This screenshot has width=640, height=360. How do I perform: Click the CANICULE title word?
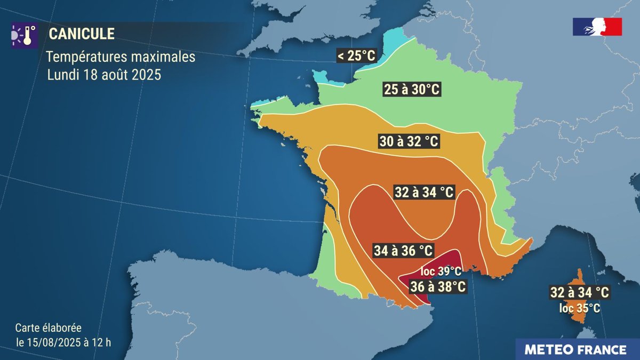click(82, 34)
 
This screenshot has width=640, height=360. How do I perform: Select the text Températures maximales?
click(121, 56)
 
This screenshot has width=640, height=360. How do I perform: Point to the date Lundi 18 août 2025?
click(104, 75)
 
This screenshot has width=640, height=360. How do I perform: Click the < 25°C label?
click(356, 55)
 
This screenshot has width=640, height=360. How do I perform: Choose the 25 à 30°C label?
click(412, 90)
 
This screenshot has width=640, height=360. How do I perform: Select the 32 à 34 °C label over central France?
click(425, 192)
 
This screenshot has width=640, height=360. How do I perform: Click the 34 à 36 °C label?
click(403, 250)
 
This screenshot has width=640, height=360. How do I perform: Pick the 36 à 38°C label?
click(438, 287)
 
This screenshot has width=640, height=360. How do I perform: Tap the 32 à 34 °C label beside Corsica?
click(580, 292)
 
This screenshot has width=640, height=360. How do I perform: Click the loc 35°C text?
click(580, 308)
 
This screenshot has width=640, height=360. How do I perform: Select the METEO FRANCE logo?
click(575, 350)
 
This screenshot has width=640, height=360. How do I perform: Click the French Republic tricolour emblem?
click(597, 27)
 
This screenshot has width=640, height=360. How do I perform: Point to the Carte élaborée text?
click(48, 328)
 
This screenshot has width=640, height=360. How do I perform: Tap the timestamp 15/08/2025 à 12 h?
click(63, 342)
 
